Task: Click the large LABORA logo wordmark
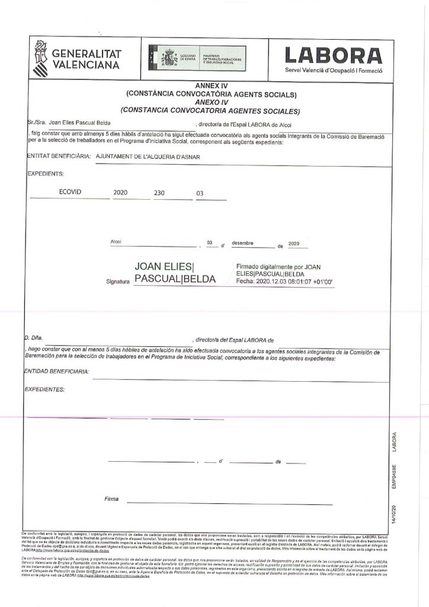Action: [x=334, y=55]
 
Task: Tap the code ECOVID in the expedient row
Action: [x=70, y=193]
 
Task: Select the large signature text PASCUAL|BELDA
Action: [x=175, y=278]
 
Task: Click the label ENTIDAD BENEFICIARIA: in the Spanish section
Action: [x=57, y=372]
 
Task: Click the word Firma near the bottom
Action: [x=111, y=499]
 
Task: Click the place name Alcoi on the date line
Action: [x=116, y=242]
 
